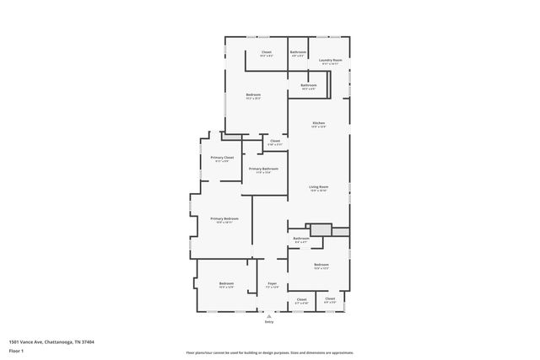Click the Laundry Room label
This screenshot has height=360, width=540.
[x=330, y=60]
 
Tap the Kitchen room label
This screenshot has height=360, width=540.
[x=318, y=123]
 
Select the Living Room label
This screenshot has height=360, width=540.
[x=318, y=186]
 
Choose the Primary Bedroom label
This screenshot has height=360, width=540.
[x=224, y=218]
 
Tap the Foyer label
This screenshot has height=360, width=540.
[x=272, y=283]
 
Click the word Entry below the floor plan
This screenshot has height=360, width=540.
[x=269, y=321]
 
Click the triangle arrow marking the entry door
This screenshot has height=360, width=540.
[x=269, y=315]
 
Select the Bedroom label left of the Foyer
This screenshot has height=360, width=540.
[x=225, y=283]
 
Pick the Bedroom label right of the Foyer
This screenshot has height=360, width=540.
[x=321, y=265]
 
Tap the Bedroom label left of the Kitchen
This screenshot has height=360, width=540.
[x=253, y=94]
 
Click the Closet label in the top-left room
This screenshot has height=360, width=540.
[x=266, y=52]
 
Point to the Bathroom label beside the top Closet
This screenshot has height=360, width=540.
[x=298, y=52]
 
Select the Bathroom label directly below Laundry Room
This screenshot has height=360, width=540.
[x=308, y=84]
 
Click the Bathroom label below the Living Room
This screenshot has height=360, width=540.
[x=301, y=239]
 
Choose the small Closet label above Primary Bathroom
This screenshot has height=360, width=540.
[x=274, y=141]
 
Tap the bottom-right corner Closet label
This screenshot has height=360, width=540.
[x=330, y=298]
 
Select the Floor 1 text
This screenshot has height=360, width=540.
[x=16, y=350]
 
